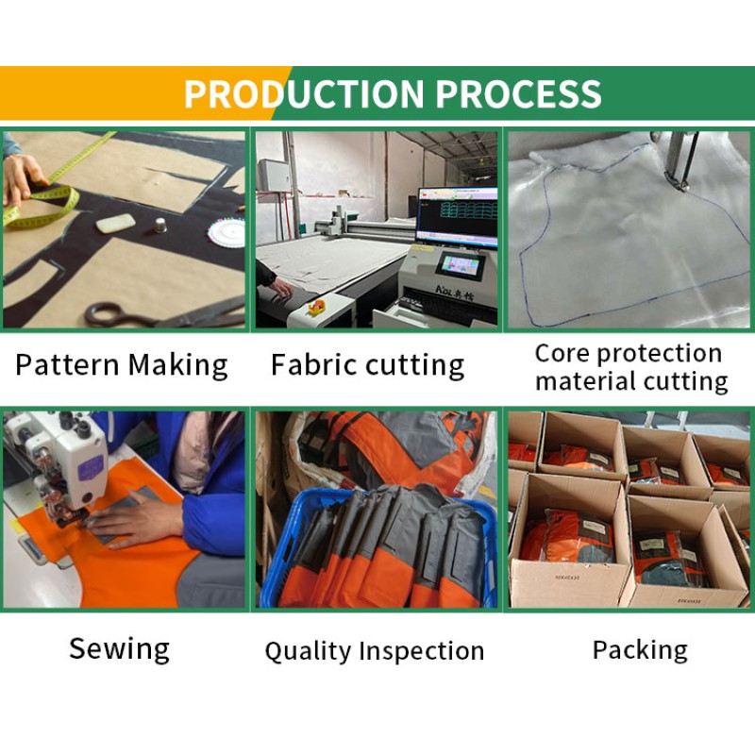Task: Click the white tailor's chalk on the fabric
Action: [115, 224]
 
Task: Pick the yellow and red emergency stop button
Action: [317, 307]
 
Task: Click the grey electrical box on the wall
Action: [274, 175]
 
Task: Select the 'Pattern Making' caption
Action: [122, 365]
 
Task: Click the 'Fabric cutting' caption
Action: [367, 365]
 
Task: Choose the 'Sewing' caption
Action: [120, 648]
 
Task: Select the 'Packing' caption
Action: [640, 649]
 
